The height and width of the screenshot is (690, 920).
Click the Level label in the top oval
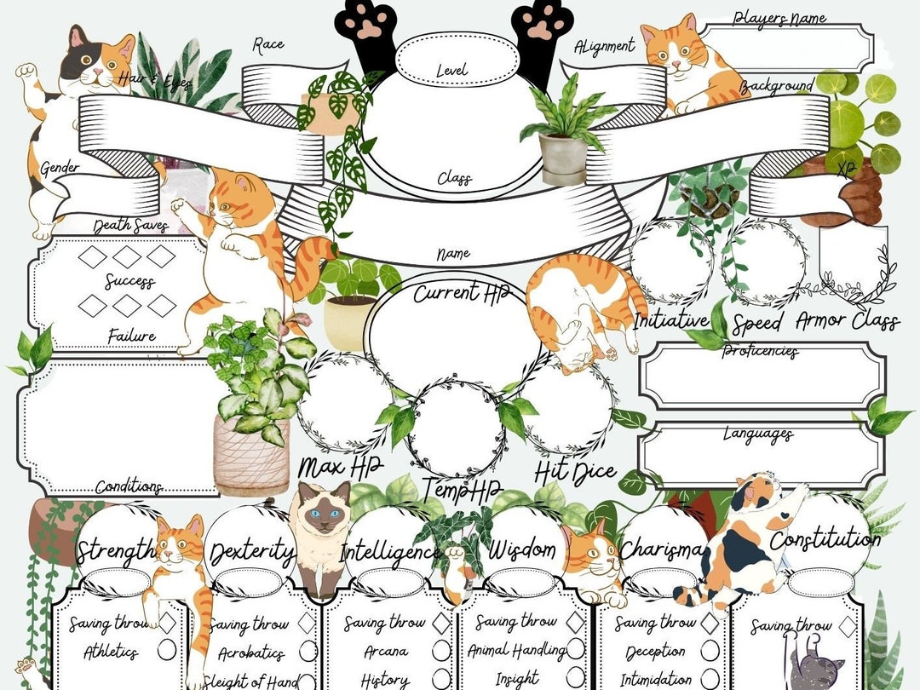coord(451,70)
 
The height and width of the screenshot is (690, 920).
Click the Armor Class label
coord(847,321)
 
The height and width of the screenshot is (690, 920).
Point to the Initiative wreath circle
coord(671,262)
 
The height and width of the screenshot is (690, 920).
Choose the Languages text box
coord(758,457)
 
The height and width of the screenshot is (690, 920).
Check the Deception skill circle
coord(710,652)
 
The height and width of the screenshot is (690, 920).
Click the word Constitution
coord(825,540)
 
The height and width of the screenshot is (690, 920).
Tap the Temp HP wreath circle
coord(455,429)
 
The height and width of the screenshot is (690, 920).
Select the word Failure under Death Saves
coord(131,336)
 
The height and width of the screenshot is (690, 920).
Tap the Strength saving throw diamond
coord(168,623)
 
